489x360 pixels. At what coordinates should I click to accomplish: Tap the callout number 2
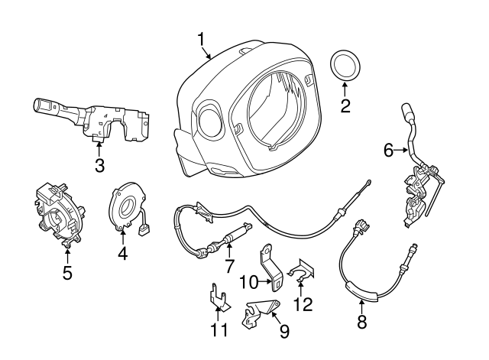(345, 106)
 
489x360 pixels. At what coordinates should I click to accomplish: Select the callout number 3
(99, 165)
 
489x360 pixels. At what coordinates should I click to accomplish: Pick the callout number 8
(362, 322)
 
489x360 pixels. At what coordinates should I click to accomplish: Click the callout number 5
(67, 271)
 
